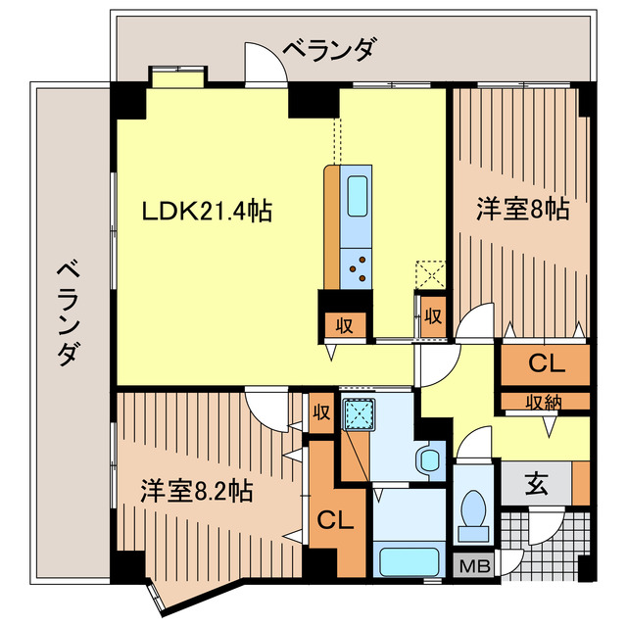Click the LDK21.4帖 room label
coord(207,210)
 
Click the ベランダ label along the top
coord(328,48)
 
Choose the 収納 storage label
coord(543,401)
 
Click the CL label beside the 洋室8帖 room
coord(546,364)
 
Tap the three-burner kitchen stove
coord(358,265)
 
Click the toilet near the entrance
coord(474,510)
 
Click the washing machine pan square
coord(359,415)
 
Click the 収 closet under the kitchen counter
coord(345,324)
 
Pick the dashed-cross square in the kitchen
coord(431,273)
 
